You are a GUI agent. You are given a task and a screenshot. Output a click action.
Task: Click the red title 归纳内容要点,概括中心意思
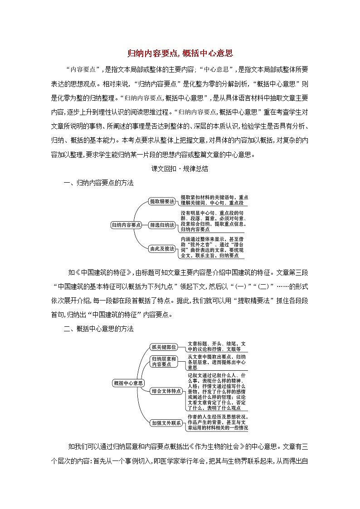(x=180, y=53)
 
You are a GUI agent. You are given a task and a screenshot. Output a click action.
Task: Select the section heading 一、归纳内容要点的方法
(x=98, y=183)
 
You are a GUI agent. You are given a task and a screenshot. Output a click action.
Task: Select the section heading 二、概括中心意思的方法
(x=98, y=330)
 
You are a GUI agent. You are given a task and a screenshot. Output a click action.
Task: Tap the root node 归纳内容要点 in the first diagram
(x=126, y=224)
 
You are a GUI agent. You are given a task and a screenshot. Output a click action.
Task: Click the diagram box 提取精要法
(x=162, y=201)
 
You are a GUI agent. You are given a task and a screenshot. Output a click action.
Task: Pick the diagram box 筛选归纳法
(x=162, y=224)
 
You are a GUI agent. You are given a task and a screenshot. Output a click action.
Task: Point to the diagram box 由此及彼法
(x=162, y=248)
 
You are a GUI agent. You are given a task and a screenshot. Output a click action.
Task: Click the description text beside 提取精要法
(x=214, y=200)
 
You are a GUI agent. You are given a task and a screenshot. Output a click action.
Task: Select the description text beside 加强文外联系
(x=218, y=422)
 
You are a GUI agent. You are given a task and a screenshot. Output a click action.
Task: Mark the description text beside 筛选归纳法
(x=214, y=221)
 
